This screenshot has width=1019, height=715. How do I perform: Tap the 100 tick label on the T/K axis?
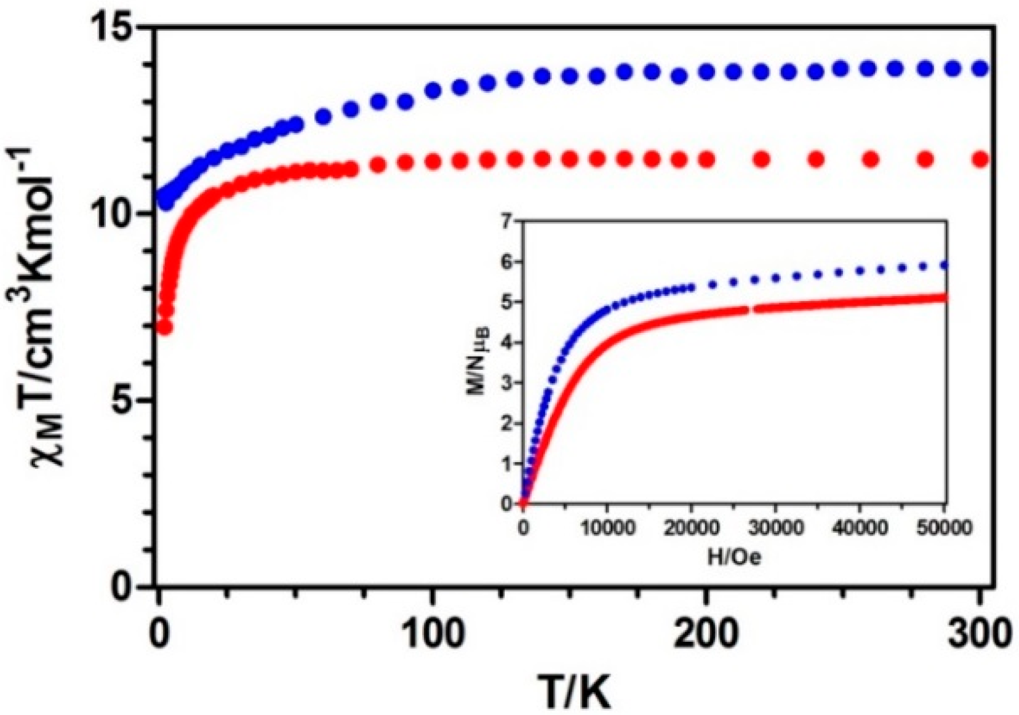point(433,634)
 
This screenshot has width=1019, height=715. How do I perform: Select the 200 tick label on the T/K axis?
point(706,634)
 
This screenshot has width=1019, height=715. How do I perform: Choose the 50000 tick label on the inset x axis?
point(944,529)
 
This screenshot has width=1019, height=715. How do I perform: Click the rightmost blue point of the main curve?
point(980,68)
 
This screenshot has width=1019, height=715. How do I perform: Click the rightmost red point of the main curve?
point(980,160)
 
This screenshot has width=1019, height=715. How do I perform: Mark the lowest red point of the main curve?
point(164,327)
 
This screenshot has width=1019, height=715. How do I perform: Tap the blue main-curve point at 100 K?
point(433,91)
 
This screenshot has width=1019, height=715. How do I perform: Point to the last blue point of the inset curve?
point(945,265)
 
